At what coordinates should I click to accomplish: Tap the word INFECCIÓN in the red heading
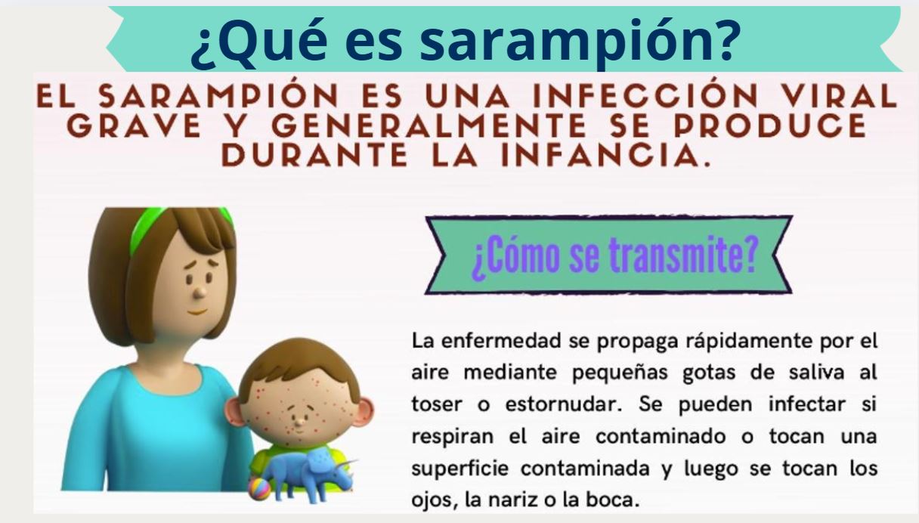(x=645, y=95)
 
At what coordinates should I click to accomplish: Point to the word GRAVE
(x=135, y=126)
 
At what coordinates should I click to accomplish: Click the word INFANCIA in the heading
(x=605, y=156)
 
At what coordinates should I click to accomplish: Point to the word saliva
(x=816, y=373)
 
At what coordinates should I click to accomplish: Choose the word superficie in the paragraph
(x=460, y=469)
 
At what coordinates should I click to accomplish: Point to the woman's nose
(x=200, y=292)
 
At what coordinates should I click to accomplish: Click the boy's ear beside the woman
(x=233, y=412)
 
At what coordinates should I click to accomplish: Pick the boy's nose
(x=299, y=420)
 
